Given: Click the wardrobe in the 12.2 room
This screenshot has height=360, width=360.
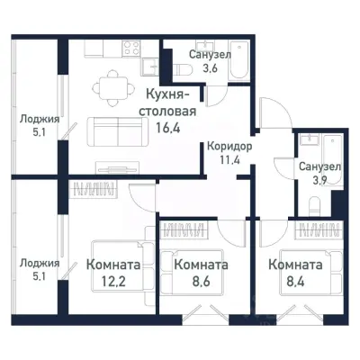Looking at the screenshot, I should tap(95, 190).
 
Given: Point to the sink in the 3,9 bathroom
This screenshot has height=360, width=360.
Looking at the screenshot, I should tap(307, 143).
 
